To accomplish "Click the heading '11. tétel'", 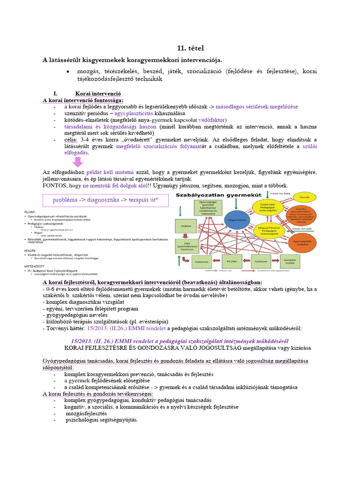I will [190, 48].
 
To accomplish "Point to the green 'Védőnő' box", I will [184, 225].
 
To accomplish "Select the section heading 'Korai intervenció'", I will [98, 93].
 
